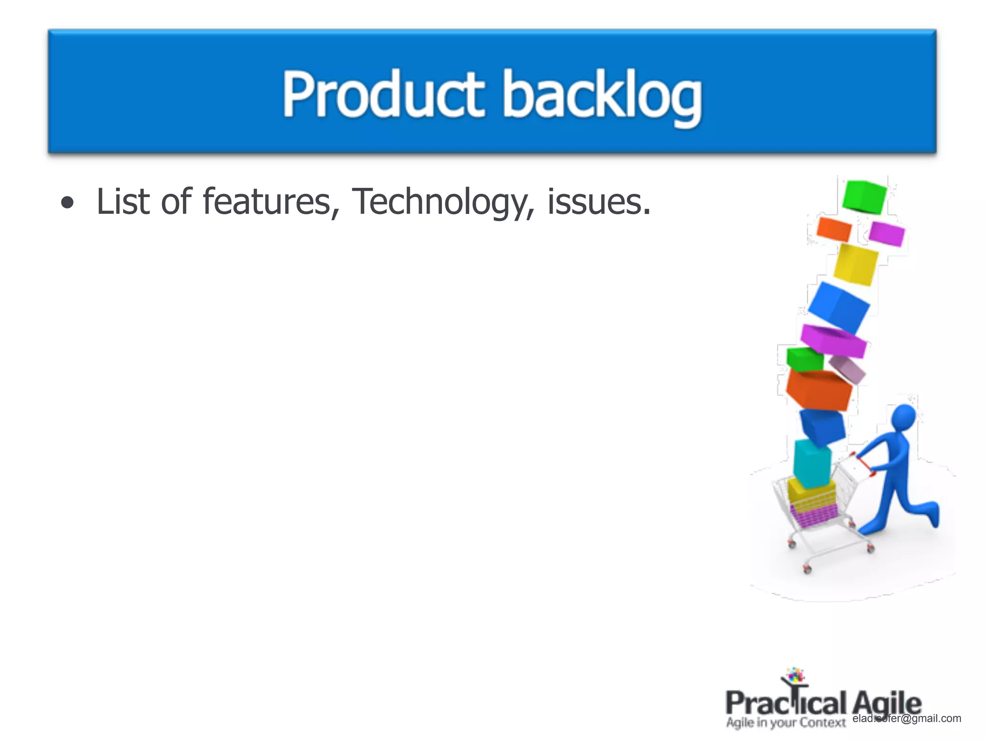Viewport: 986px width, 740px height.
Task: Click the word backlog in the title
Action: [602, 96]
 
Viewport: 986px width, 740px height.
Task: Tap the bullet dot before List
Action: [68, 203]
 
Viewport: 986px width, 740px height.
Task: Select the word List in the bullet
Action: [123, 201]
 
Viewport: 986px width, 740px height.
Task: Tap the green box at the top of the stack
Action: [864, 196]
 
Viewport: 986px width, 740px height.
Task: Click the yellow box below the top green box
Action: [856, 264]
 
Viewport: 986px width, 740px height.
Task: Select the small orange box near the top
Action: [833, 229]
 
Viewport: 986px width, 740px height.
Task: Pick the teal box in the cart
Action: [812, 463]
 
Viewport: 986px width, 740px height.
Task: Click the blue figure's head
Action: [903, 417]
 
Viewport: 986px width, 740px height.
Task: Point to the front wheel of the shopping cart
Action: [807, 570]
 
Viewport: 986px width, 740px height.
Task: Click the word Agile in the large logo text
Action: [887, 703]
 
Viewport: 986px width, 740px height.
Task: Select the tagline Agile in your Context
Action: [786, 723]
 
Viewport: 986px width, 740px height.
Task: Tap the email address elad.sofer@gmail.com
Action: [907, 718]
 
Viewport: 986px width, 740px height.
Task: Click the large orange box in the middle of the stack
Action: [818, 390]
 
